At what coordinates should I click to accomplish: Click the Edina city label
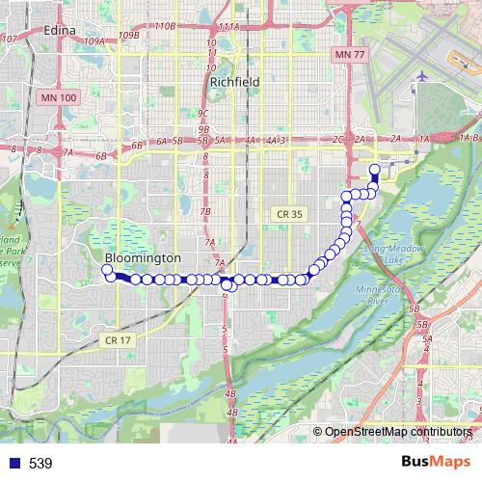pyautogui.click(x=62, y=31)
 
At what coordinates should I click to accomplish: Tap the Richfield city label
pyautogui.click(x=234, y=83)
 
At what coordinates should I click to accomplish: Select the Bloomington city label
pyautogui.click(x=142, y=259)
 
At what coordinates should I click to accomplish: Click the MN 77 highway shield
pyautogui.click(x=345, y=57)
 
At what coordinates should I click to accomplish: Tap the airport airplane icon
pyautogui.click(x=422, y=76)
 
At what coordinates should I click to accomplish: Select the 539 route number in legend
pyautogui.click(x=40, y=464)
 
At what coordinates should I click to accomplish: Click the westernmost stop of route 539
pyautogui.click(x=108, y=269)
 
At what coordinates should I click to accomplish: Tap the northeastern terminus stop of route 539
pyautogui.click(x=374, y=172)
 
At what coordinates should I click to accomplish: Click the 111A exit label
pyautogui.click(x=228, y=26)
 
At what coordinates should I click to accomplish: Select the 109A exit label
pyautogui.click(x=94, y=41)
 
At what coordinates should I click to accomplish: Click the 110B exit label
pyautogui.click(x=165, y=26)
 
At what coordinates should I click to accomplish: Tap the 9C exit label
pyautogui.click(x=203, y=113)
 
